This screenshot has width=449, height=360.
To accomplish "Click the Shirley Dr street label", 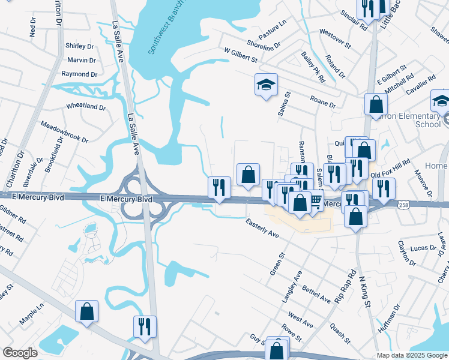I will pos(80,46).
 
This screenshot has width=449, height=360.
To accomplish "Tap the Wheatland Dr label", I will pos(85,107).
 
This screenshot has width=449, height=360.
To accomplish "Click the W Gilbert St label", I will pos(240,56).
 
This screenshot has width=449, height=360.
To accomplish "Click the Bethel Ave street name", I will pos(316,294).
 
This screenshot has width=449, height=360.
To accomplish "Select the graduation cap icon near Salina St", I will pos(266,85).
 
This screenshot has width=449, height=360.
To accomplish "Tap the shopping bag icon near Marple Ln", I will pos(86,311).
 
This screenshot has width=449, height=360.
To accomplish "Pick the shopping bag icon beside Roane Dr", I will pos(376,104).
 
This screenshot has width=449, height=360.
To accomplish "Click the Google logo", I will pos(20,353).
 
